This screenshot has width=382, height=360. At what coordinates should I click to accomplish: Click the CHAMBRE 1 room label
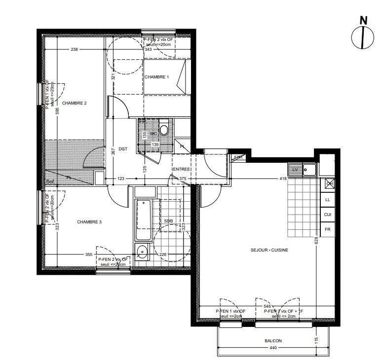(156, 77)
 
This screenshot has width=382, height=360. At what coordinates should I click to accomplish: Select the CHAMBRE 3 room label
(89, 222)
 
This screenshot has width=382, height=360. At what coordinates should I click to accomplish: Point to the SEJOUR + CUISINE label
(269, 250)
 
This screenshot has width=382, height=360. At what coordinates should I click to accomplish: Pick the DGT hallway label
(123, 148)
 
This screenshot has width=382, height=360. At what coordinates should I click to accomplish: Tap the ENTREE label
(181, 169)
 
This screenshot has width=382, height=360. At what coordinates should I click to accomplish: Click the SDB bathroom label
(169, 221)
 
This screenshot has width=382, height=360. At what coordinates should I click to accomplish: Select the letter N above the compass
(363, 21)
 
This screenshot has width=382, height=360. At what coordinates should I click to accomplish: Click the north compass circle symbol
(362, 38)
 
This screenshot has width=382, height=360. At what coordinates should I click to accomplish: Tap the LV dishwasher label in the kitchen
(296, 170)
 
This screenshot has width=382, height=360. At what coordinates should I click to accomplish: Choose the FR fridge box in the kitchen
(327, 229)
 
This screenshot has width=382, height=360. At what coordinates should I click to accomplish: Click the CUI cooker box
(327, 215)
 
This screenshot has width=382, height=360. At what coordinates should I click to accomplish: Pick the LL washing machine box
(327, 199)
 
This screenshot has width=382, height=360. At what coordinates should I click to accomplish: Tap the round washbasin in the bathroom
(142, 252)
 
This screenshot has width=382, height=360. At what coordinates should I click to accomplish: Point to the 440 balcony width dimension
(273, 349)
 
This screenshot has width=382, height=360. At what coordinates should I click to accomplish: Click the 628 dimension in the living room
(316, 241)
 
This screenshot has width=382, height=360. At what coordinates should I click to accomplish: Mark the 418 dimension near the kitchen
(283, 179)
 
